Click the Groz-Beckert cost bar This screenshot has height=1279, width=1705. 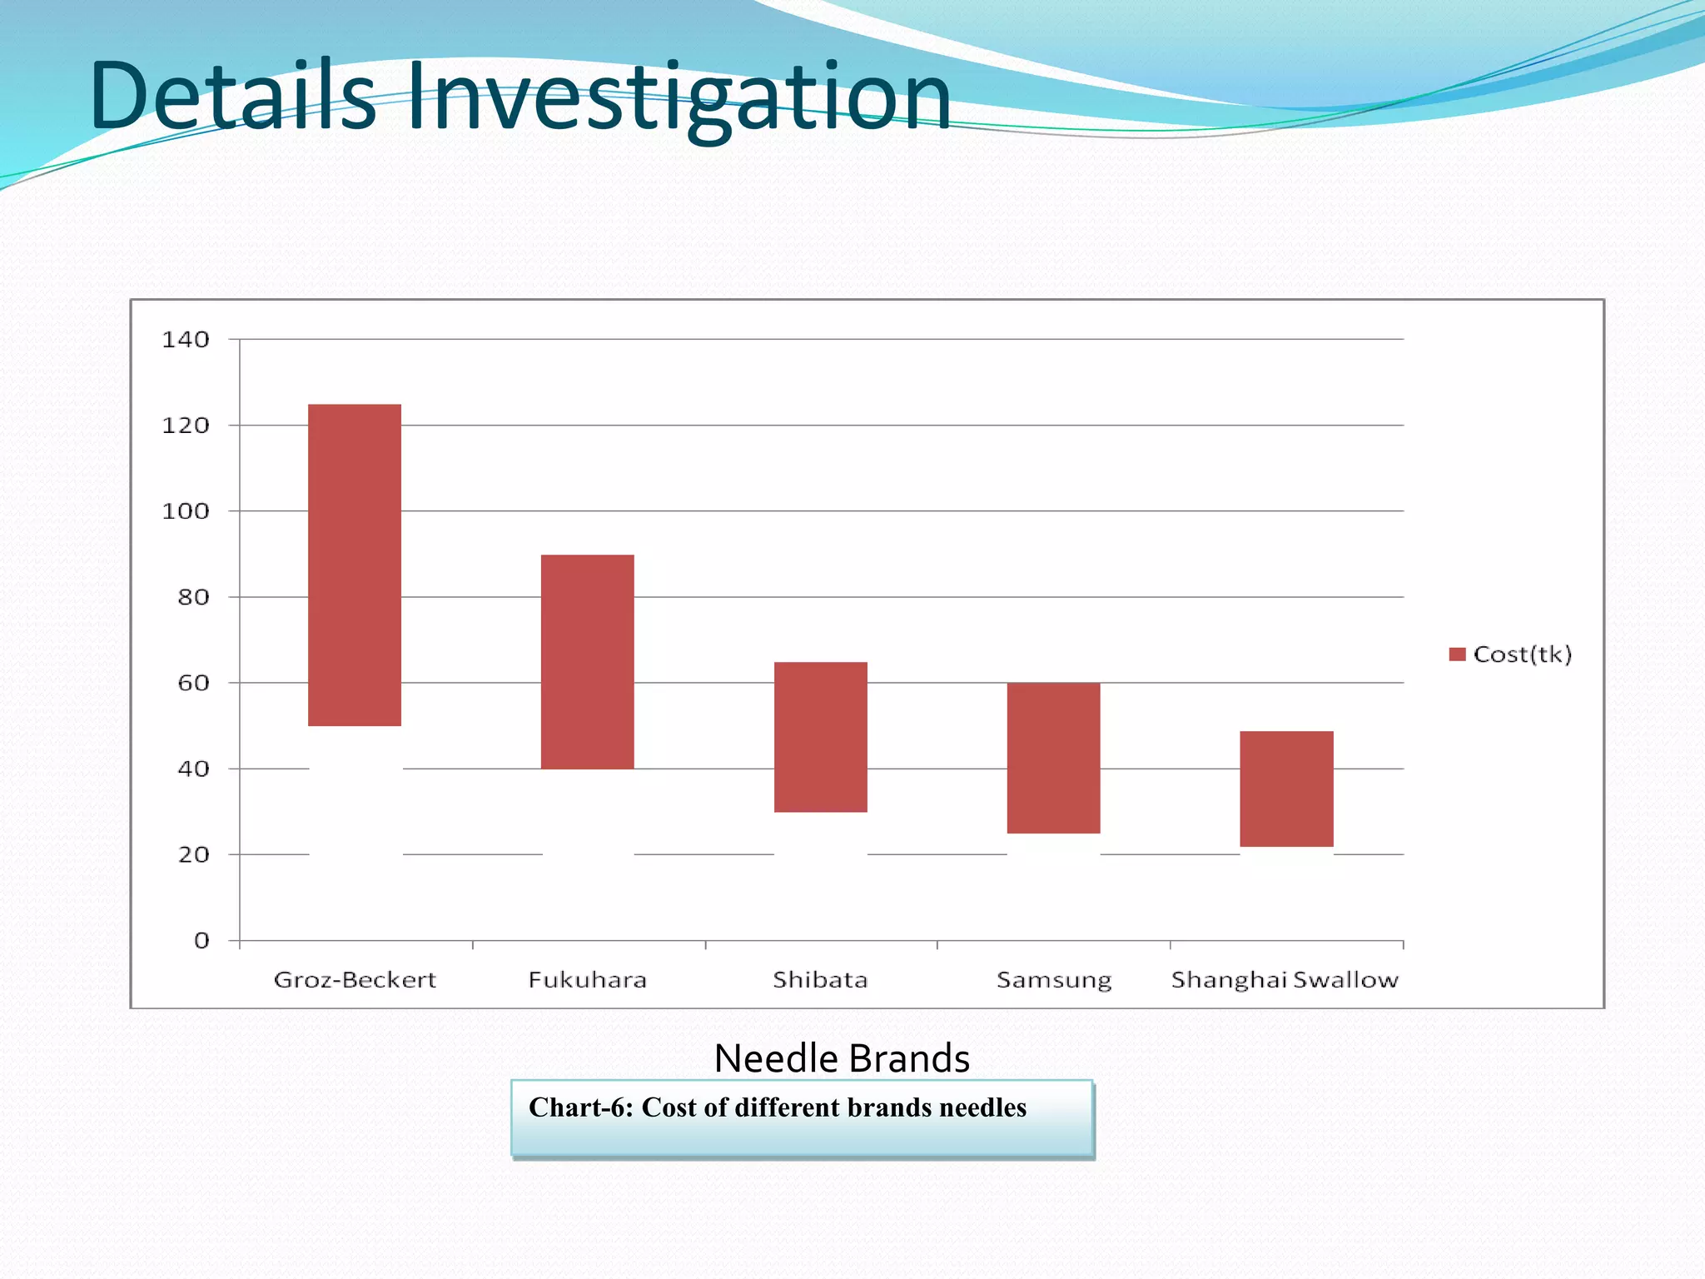(x=355, y=565)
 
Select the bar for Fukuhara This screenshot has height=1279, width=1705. (x=588, y=661)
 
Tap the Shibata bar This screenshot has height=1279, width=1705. (x=821, y=737)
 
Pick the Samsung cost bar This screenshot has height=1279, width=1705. (x=1053, y=758)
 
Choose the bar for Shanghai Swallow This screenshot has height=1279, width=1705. (x=1286, y=789)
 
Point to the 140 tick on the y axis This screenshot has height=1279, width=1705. (x=186, y=340)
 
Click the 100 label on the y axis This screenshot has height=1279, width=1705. (x=186, y=511)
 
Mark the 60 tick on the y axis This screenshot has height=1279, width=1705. (x=193, y=684)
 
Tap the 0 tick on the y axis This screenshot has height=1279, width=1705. (x=201, y=941)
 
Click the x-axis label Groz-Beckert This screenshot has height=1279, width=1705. (x=355, y=979)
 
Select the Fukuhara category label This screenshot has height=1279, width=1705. (x=588, y=979)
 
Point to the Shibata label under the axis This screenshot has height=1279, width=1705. (x=821, y=979)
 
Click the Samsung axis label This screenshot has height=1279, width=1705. (x=1054, y=980)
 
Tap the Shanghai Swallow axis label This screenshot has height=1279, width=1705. (x=1285, y=980)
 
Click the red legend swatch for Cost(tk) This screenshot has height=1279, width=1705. (x=1457, y=654)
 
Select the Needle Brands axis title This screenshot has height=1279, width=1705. (x=842, y=1058)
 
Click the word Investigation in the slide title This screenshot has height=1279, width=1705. (x=679, y=97)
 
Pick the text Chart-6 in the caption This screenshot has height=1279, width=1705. (x=579, y=1107)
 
